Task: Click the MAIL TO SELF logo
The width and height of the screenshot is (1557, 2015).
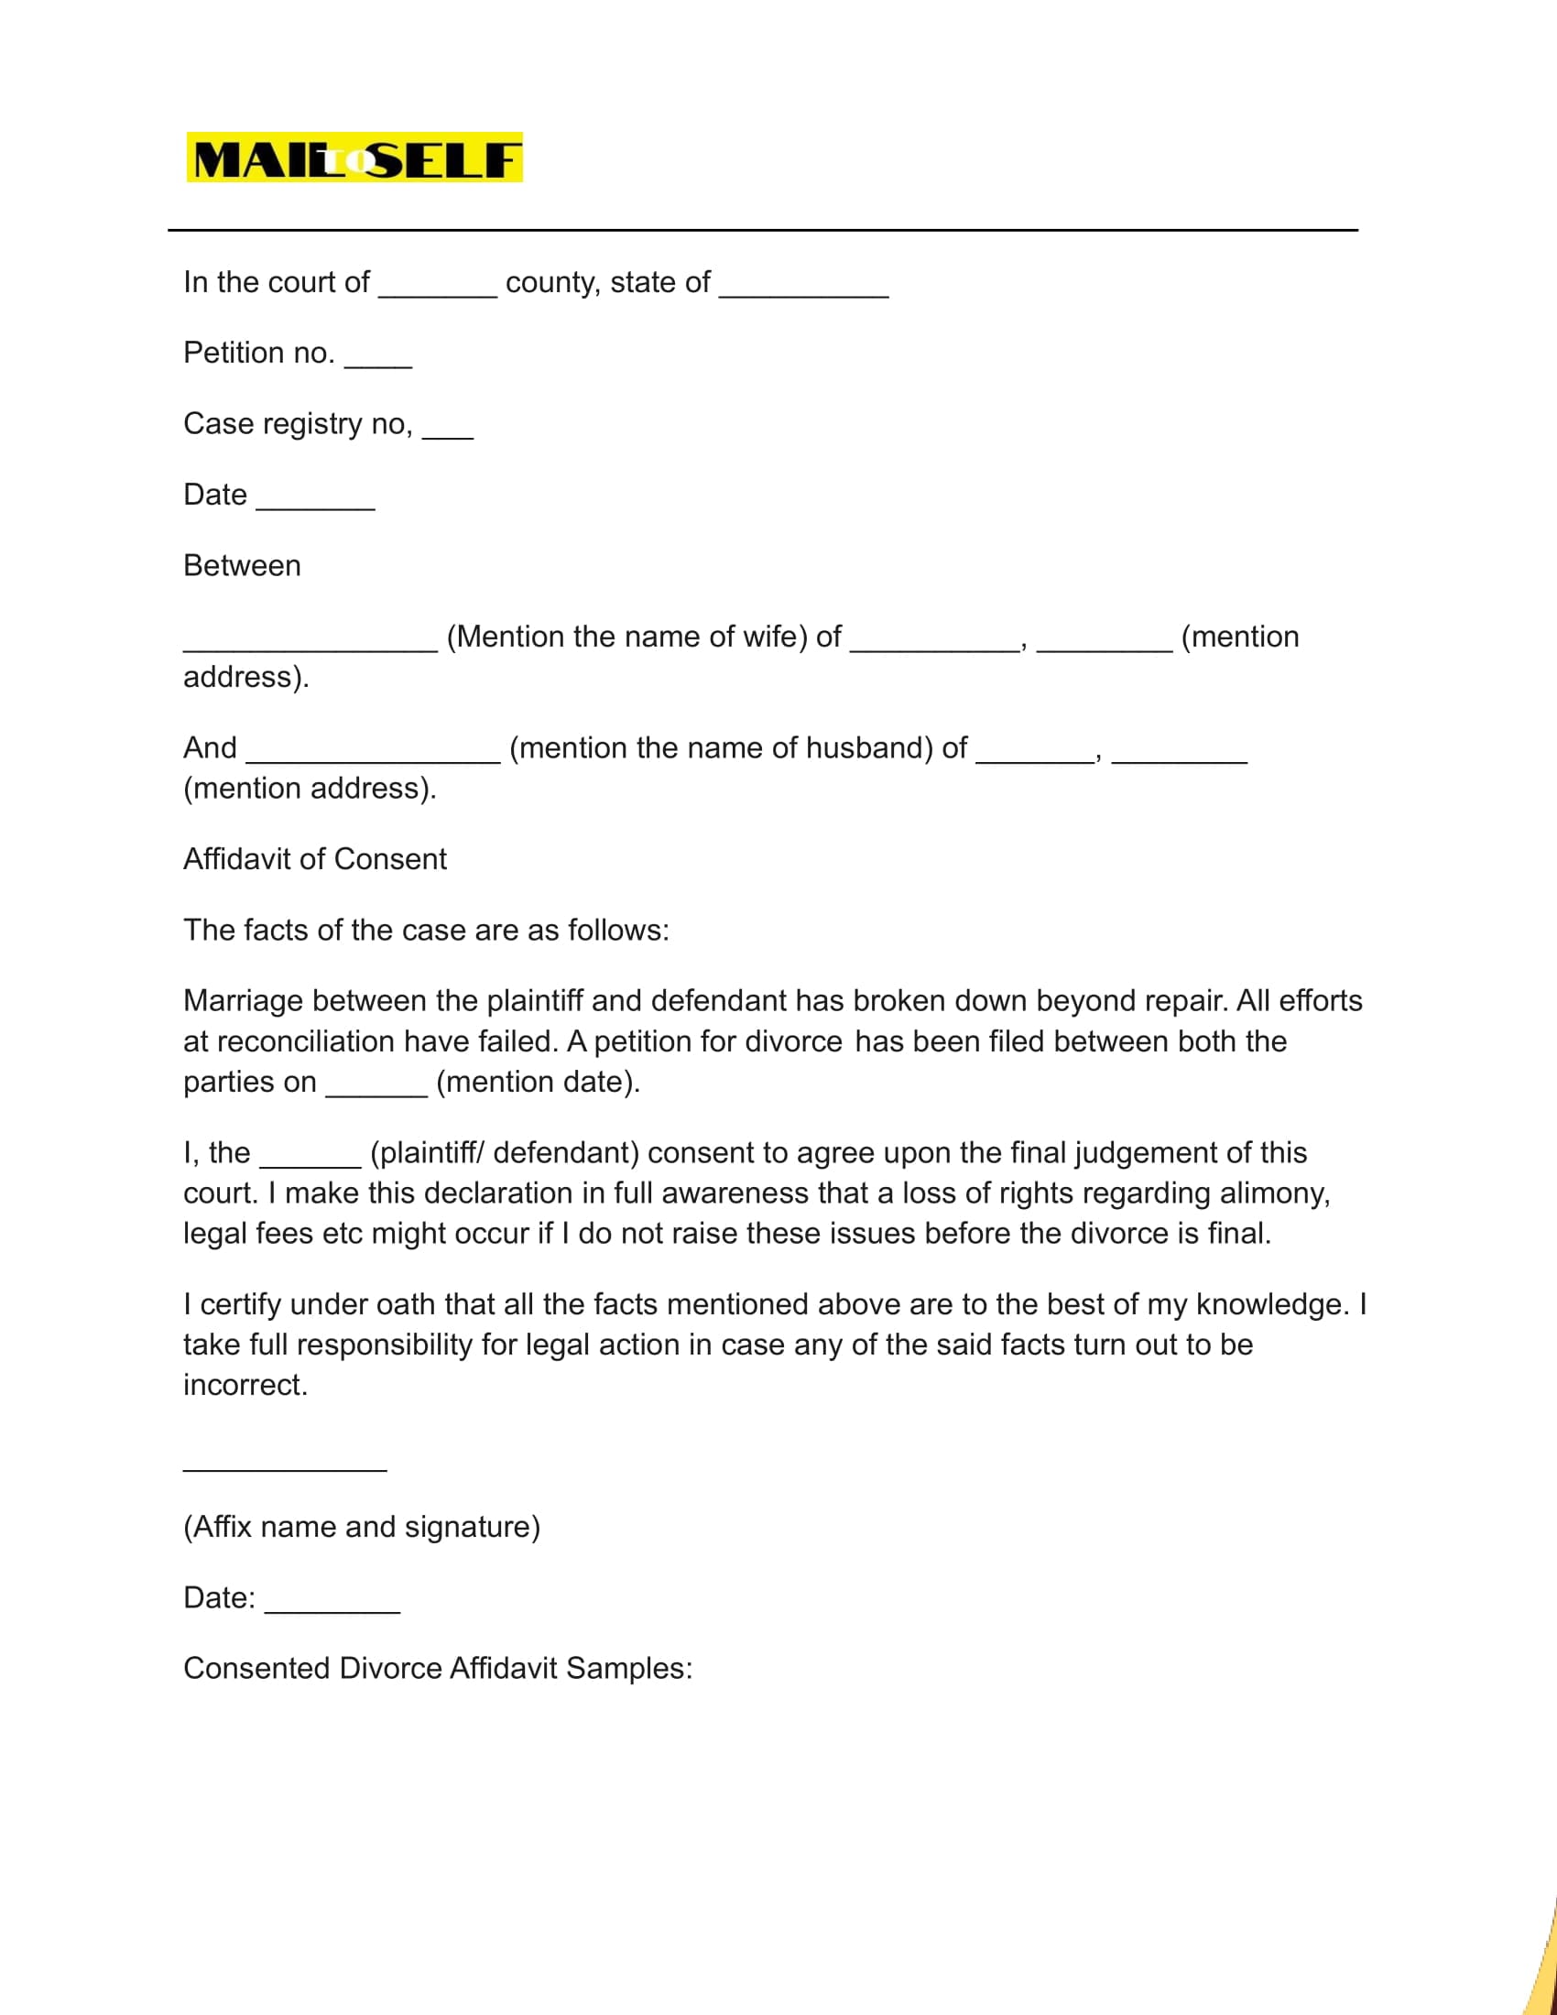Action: click(354, 158)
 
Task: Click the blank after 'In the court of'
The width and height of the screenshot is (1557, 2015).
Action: click(437, 291)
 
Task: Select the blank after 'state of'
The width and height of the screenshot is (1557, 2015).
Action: click(803, 291)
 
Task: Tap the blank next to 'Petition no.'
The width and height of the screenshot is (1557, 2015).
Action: click(378, 363)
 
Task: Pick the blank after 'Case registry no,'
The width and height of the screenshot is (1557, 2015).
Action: click(447, 433)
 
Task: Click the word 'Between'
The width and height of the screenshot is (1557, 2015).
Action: click(242, 565)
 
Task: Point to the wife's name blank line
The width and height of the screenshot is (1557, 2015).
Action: click(310, 646)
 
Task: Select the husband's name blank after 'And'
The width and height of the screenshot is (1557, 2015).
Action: click(374, 757)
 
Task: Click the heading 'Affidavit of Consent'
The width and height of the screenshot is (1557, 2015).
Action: click(314, 859)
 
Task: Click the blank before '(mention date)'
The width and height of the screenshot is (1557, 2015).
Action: click(376, 1092)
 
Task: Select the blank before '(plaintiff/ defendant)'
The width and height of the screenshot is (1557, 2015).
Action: click(310, 1162)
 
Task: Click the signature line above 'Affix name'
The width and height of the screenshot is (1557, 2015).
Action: click(284, 1467)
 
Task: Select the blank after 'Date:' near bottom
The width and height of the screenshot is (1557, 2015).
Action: click(332, 1608)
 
